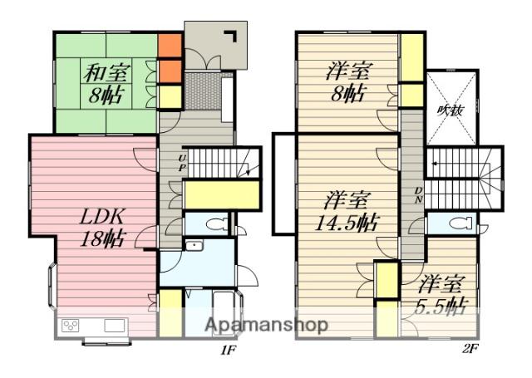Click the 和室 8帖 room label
click(x=106, y=83)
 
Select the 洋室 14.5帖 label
click(x=346, y=212)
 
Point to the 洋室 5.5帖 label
click(x=441, y=295)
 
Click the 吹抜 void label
click(x=451, y=110)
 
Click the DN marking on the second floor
click(x=419, y=195)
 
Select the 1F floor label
click(x=229, y=351)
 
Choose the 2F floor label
click(x=470, y=349)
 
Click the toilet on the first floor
click(x=215, y=223)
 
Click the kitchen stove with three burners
click(x=71, y=326)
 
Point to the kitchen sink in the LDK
click(x=115, y=326)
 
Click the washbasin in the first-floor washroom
click(x=194, y=245)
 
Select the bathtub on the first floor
click(x=223, y=312)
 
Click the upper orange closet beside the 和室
click(x=170, y=46)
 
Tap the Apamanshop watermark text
click(x=266, y=325)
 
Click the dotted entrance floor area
click(x=202, y=91)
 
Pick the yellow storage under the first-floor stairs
click(x=222, y=194)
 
